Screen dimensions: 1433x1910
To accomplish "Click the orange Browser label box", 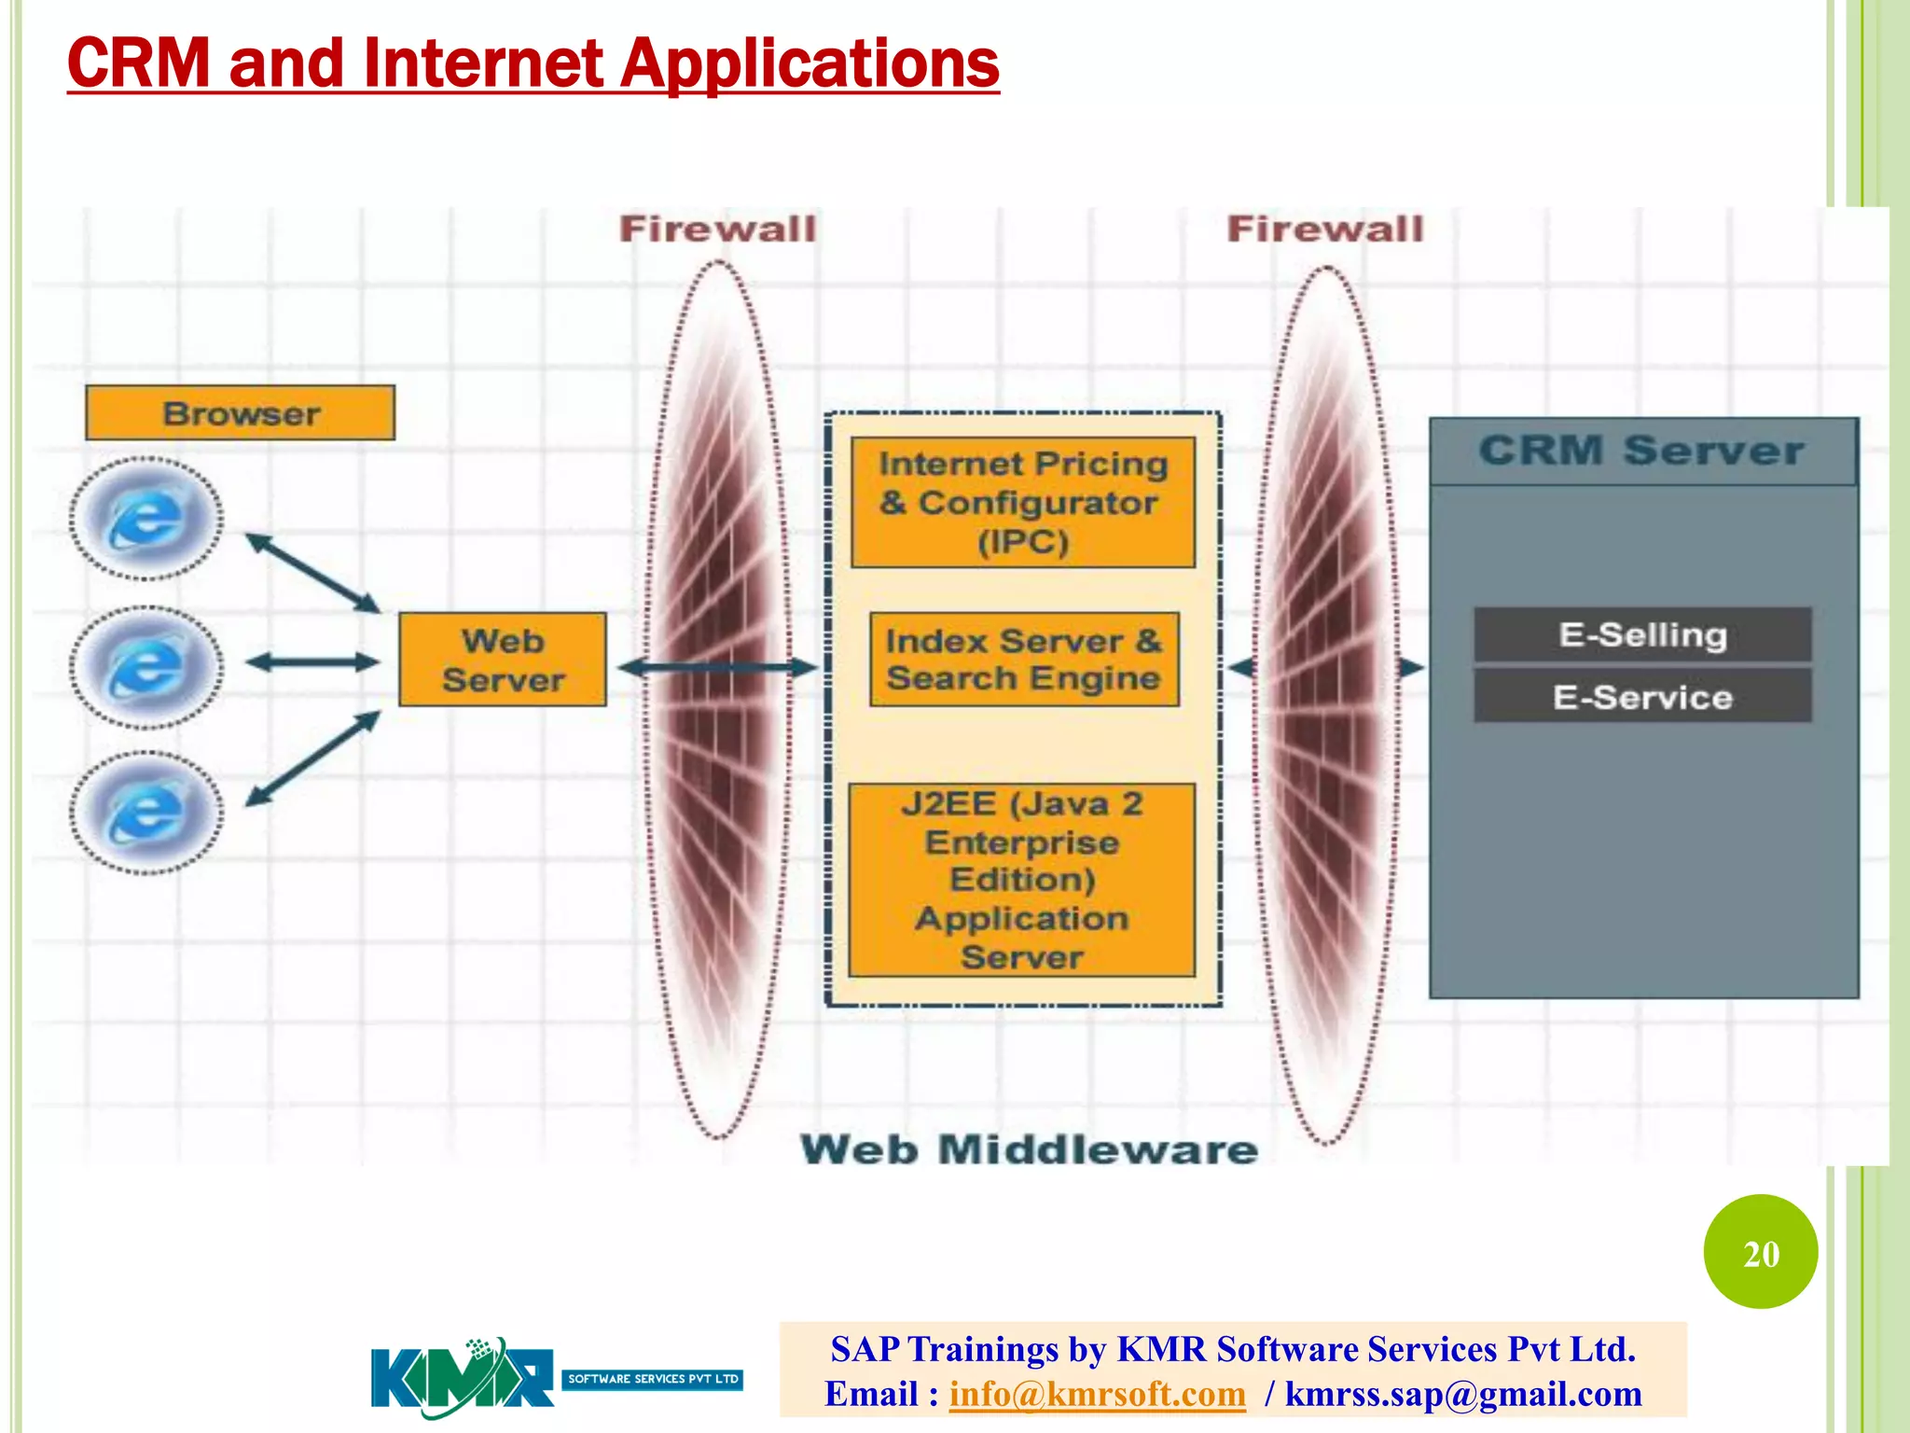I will pos(240,412).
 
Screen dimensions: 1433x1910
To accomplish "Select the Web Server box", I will pos(503,660).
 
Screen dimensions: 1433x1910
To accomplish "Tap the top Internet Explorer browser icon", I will pos(146,519).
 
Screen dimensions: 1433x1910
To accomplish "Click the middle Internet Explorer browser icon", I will pos(146,667).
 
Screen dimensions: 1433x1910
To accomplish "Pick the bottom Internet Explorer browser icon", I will pos(146,813).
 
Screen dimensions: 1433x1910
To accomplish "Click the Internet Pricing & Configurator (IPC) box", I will pos(1023,503).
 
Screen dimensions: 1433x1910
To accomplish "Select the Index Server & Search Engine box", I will pos(1023,660).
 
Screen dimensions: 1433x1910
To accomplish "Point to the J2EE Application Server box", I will pos(1022,880).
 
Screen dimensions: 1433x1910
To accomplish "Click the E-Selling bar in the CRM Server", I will pos(1642,635).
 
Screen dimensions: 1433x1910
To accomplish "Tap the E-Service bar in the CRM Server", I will pos(1642,697).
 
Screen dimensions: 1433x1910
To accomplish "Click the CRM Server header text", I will pos(1641,451).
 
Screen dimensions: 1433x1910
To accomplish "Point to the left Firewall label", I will pos(717,230).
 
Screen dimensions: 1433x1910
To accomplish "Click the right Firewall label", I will pos(1325,230).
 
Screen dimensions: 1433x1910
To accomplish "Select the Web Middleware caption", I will pos(1029,1149).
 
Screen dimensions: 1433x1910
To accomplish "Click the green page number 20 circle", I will pos(1760,1252).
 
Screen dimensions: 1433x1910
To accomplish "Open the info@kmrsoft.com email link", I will pos(1097,1394).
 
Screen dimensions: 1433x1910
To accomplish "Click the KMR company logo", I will pos(463,1377).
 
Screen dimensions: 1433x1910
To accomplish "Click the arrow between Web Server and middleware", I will pos(716,667).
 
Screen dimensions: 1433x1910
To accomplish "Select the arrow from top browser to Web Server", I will pos(312,573).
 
